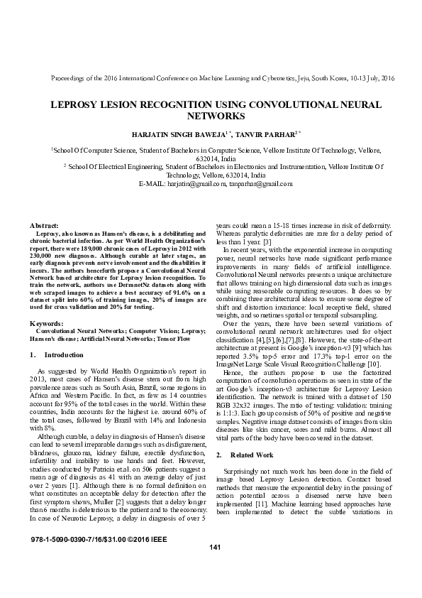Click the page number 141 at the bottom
216,566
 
